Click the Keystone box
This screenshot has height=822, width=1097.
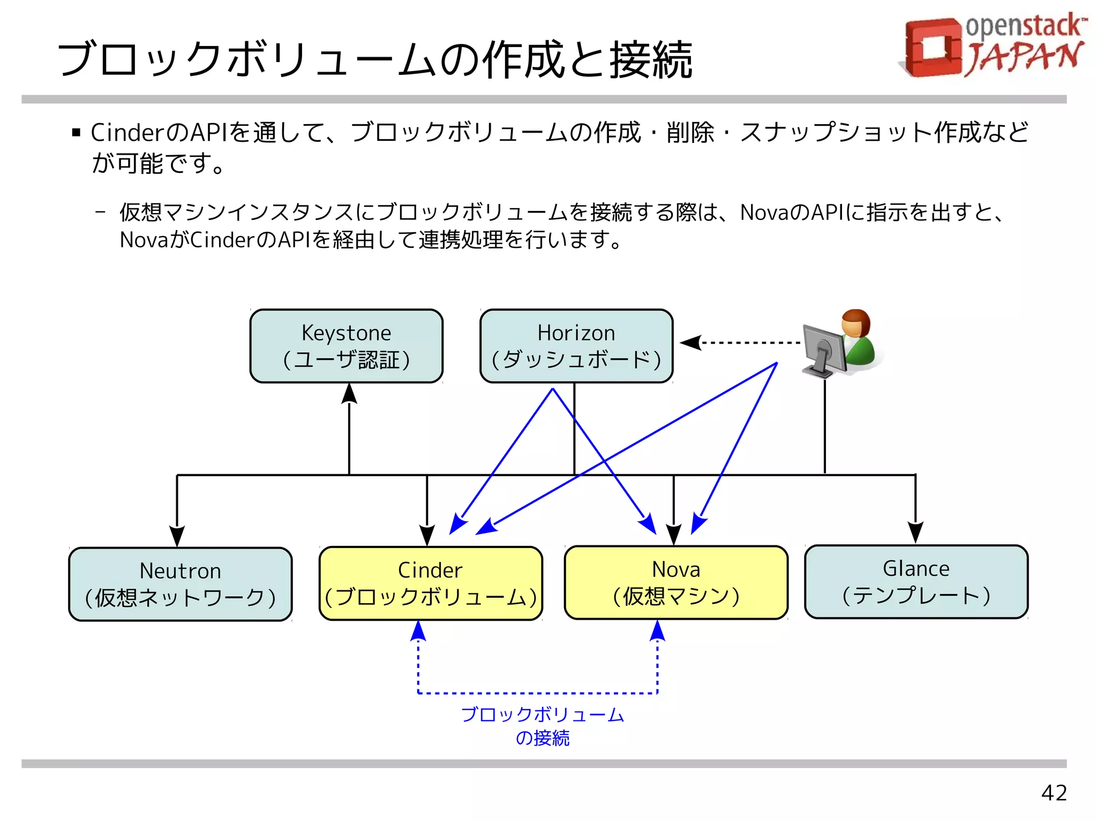tap(346, 346)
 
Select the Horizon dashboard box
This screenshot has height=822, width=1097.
tap(576, 346)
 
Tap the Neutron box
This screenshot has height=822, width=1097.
tap(180, 584)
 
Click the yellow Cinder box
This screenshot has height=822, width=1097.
tap(431, 583)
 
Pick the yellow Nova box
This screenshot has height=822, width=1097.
tap(676, 582)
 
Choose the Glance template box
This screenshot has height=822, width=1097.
tap(916, 582)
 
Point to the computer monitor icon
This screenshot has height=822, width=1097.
tap(824, 348)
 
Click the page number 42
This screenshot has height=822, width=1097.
tap(1054, 793)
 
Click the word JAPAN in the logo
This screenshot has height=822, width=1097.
tap(1024, 57)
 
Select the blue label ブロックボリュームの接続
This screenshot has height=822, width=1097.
tap(542, 726)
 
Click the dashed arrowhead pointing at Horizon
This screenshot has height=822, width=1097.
tap(691, 342)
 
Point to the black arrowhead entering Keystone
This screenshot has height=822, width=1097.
tap(349, 393)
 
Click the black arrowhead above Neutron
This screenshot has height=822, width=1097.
tap(177, 535)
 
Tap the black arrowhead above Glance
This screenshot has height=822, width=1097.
tap(915, 532)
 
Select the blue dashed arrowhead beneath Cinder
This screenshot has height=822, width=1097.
tap(418, 631)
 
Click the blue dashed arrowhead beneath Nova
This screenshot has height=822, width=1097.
tap(657, 631)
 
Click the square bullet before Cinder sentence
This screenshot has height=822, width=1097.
tap(76, 133)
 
